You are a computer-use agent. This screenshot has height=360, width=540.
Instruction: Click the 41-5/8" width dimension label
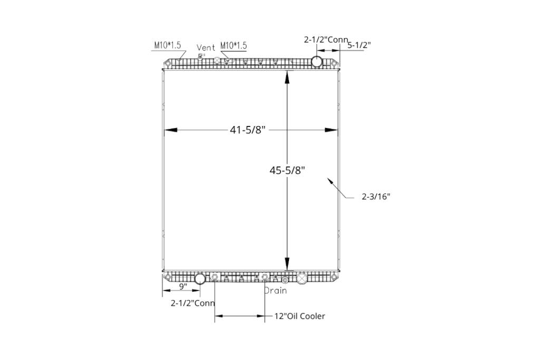(x=248, y=130)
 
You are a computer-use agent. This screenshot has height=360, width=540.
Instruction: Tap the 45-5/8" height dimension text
(x=287, y=170)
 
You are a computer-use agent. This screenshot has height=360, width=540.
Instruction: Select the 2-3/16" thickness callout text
(x=376, y=197)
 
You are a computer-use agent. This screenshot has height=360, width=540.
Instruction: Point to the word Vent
(x=206, y=47)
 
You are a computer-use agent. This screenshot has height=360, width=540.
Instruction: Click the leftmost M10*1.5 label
(x=167, y=45)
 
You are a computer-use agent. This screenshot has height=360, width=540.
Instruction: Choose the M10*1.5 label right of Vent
(x=234, y=45)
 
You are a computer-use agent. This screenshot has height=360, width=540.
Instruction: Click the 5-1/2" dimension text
(x=359, y=45)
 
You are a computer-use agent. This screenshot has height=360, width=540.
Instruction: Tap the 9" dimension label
(x=183, y=286)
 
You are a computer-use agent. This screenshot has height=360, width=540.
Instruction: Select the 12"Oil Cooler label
(x=300, y=316)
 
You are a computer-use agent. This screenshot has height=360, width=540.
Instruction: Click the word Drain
(x=275, y=291)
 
